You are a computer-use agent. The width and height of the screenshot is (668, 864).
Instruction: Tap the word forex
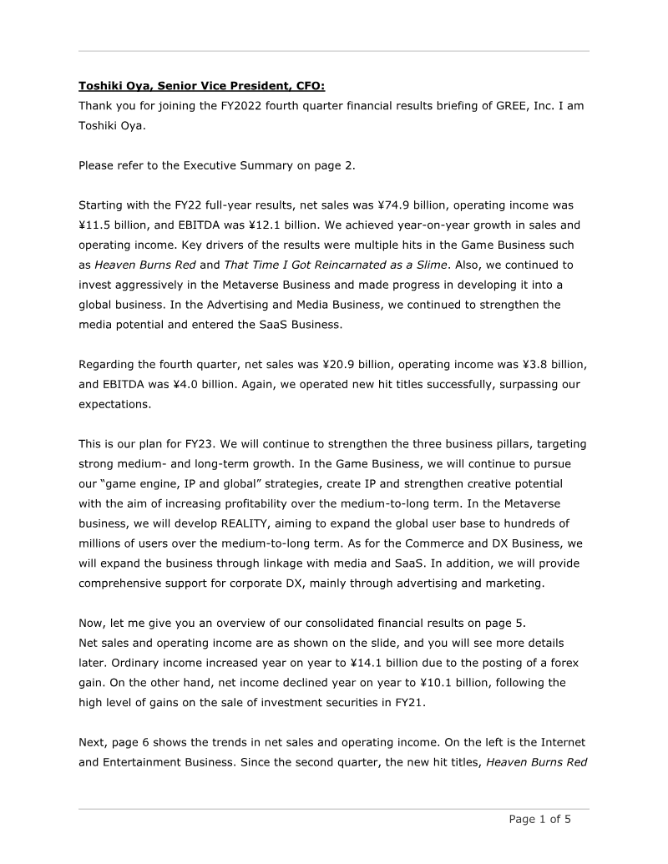coord(554,663)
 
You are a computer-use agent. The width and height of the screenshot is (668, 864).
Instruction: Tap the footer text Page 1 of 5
coord(540,819)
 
